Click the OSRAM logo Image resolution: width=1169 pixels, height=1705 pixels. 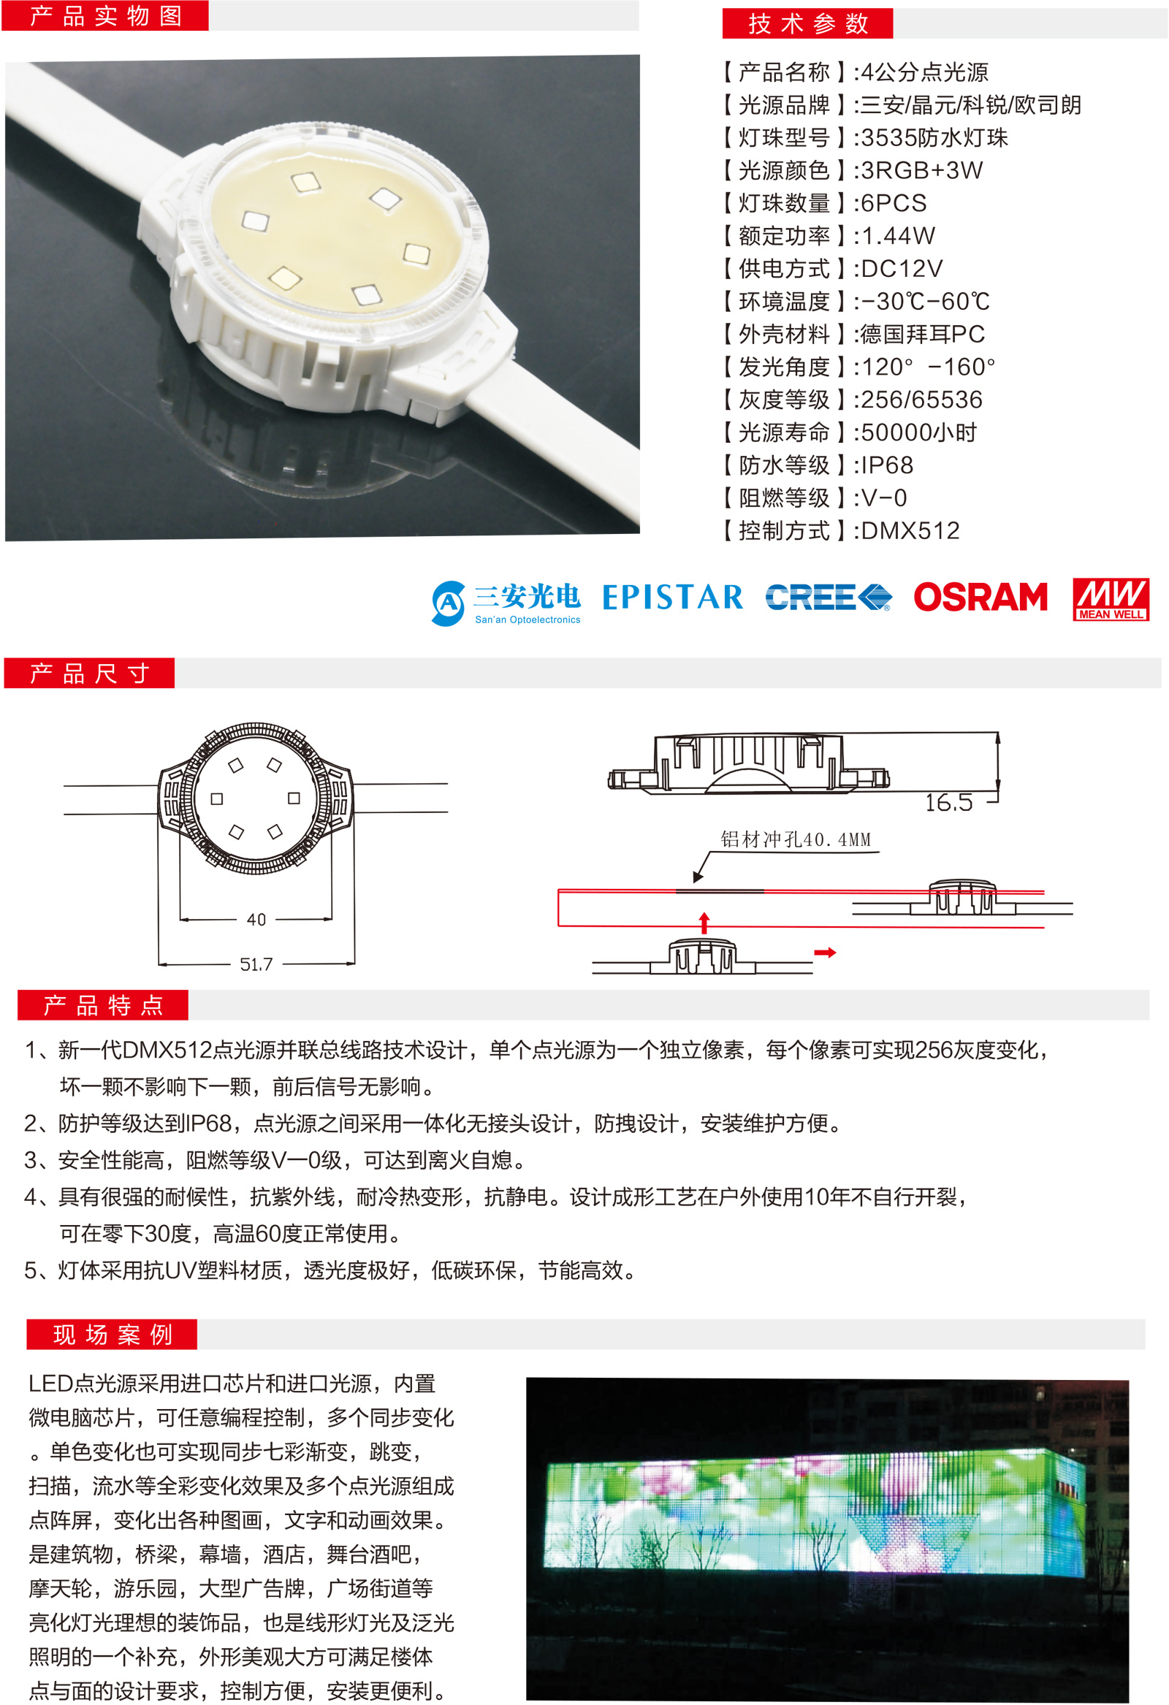pos(980,598)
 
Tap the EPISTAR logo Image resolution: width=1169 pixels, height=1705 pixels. pos(672,598)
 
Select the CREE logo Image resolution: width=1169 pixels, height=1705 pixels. pos(829,598)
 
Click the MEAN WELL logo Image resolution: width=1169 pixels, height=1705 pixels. pos(1111,600)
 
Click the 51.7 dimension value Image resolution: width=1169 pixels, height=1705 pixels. pos(256,964)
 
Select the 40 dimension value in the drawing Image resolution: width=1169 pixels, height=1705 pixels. pos(256,919)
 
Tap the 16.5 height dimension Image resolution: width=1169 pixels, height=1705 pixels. pos(948,803)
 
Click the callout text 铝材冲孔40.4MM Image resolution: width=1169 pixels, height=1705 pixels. pos(796,839)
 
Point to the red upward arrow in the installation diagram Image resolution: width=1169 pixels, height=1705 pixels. pos(704,923)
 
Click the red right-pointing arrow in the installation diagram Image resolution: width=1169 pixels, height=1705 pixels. pos(826,953)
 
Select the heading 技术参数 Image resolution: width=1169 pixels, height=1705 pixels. pos(808,23)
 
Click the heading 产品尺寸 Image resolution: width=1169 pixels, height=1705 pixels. pos(90,673)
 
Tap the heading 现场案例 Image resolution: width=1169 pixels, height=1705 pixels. pos(113,1335)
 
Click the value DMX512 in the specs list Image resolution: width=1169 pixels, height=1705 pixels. pos(910,530)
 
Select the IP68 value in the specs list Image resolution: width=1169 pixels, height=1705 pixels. pos(887,465)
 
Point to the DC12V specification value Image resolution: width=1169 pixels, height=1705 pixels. pos(902,269)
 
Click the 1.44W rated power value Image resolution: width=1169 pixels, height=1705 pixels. pos(898,235)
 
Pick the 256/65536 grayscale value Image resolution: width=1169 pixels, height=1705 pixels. pos(922,399)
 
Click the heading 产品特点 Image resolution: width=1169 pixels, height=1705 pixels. pos(103,1004)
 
